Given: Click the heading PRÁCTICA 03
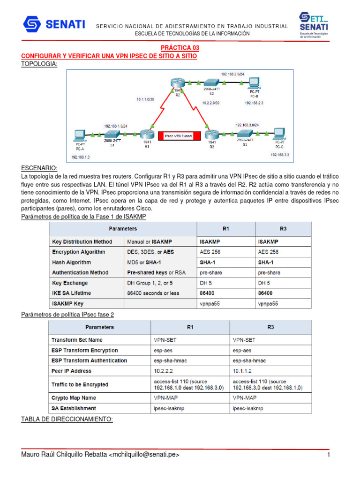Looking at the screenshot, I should (x=180, y=48).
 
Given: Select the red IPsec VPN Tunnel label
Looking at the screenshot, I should (x=180, y=135).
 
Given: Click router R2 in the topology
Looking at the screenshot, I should (x=177, y=85).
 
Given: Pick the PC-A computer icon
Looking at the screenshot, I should (x=78, y=135).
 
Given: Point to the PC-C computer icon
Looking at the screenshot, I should (x=280, y=134).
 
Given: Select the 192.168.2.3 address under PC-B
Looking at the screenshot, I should (x=254, y=103).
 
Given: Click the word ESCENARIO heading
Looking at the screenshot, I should (x=40, y=168).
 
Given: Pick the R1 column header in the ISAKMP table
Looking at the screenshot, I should (x=225, y=229).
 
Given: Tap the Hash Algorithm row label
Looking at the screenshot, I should (x=72, y=262).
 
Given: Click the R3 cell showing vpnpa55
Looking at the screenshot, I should (x=268, y=303).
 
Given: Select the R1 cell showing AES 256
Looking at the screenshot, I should (x=209, y=252).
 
